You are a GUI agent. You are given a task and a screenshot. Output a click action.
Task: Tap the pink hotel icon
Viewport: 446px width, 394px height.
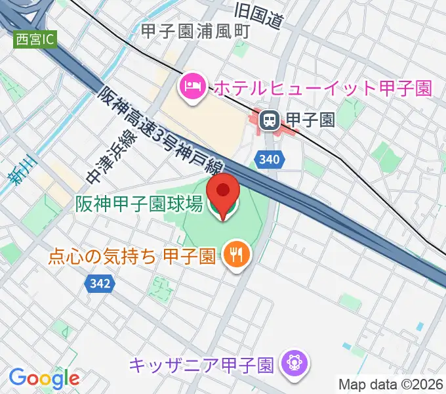pos(192,85)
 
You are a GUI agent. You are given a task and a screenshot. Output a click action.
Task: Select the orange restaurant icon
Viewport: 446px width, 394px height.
pos(234,253)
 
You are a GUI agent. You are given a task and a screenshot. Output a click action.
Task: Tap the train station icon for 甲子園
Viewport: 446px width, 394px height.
pos(269,120)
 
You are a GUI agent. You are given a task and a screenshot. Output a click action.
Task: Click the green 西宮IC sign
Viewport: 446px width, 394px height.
pos(35,39)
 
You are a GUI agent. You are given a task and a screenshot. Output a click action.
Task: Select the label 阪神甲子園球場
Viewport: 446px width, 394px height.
pos(138,205)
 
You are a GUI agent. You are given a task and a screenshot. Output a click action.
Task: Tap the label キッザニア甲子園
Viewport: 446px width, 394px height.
pos(201,362)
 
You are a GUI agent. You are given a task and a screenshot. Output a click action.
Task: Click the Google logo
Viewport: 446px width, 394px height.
pos(44,378)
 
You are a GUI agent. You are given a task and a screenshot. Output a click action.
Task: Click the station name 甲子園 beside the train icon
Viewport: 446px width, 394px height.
pos(309,120)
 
